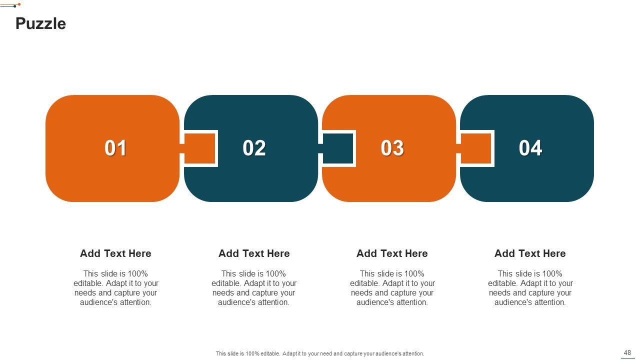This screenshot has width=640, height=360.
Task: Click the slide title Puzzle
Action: pyautogui.click(x=40, y=23)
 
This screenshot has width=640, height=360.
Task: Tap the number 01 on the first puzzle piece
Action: pyautogui.click(x=115, y=148)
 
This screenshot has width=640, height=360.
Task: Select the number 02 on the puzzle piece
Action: pyautogui.click(x=254, y=148)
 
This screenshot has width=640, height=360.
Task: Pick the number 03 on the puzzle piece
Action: pyautogui.click(x=392, y=148)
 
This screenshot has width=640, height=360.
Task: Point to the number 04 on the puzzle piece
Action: pyautogui.click(x=530, y=148)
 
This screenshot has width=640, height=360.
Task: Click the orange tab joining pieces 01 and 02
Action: pyautogui.click(x=199, y=148)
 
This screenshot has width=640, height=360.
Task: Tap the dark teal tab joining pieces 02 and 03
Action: pyautogui.click(x=337, y=148)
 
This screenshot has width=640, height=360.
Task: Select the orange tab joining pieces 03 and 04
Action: pyautogui.click(x=475, y=148)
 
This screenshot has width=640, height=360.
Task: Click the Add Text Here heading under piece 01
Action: pyautogui.click(x=115, y=253)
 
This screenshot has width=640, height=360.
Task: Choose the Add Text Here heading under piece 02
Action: pyautogui.click(x=254, y=253)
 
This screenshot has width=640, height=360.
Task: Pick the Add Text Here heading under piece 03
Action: pyautogui.click(x=392, y=253)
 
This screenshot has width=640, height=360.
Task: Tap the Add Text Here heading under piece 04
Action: pyautogui.click(x=530, y=253)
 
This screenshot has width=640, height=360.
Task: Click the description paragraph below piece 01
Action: pyautogui.click(x=115, y=288)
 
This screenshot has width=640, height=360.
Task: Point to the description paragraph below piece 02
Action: pyautogui.click(x=254, y=288)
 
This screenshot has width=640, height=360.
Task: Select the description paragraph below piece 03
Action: pyautogui.click(x=392, y=288)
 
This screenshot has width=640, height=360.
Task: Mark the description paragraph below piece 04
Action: pyautogui.click(x=530, y=288)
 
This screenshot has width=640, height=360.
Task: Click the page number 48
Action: pyautogui.click(x=627, y=352)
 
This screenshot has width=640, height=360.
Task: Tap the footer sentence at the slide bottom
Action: pyautogui.click(x=320, y=353)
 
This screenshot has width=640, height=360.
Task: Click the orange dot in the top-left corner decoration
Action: pyautogui.click(x=19, y=4)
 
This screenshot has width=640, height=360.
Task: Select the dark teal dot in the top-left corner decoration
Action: pyautogui.click(x=14, y=6)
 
